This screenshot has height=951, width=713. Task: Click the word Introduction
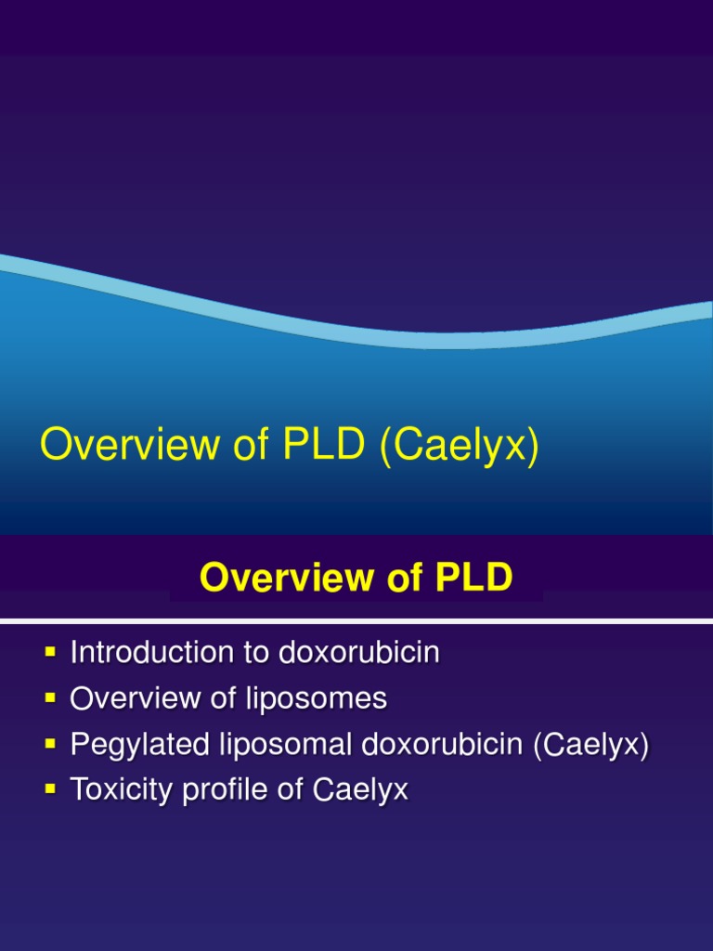pyautogui.click(x=144, y=653)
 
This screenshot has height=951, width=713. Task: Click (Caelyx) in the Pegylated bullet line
pyautogui.click(x=591, y=745)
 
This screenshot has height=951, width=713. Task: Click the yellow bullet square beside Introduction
pyautogui.click(x=50, y=654)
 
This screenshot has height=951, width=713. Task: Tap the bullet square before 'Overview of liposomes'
pyautogui.click(x=50, y=699)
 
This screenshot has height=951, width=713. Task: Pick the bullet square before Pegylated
pyautogui.click(x=50, y=745)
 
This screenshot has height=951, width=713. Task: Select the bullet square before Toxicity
pyautogui.click(x=50, y=790)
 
